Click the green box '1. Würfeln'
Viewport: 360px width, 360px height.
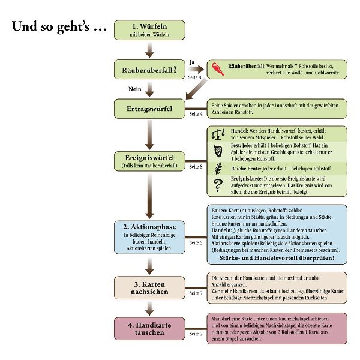click(x=149, y=30)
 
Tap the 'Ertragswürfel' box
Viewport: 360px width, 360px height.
click(x=149, y=109)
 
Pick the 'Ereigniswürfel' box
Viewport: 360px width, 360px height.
click(x=149, y=161)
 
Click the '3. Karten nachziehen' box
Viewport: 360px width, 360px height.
click(x=149, y=287)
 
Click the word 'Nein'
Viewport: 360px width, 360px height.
click(x=134, y=89)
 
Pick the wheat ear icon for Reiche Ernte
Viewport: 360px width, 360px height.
click(x=218, y=170)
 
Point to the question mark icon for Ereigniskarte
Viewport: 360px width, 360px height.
click(x=218, y=187)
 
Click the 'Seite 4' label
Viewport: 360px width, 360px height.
click(x=196, y=114)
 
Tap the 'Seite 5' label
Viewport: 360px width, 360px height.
click(x=196, y=243)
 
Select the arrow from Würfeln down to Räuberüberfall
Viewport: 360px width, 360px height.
click(x=149, y=50)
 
